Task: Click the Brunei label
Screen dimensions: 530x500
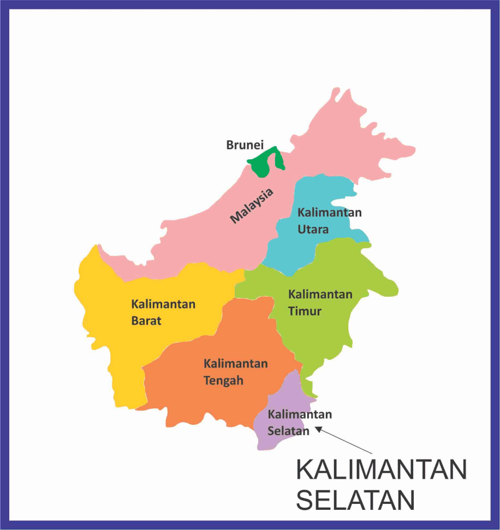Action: click(x=245, y=146)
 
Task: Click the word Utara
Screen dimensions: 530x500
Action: click(x=313, y=229)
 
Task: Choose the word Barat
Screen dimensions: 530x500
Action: click(x=146, y=321)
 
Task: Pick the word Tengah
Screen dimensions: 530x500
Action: click(x=223, y=381)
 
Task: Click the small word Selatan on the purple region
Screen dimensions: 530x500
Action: click(x=289, y=431)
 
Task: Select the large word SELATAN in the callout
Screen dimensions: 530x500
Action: click(x=356, y=501)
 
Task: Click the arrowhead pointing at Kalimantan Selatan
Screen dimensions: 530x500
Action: click(x=318, y=429)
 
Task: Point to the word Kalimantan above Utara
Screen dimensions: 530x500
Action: click(x=330, y=212)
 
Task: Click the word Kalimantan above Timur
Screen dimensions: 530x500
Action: click(x=320, y=294)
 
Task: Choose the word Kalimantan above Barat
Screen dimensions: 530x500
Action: click(x=163, y=304)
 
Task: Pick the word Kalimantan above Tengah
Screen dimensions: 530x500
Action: click(x=236, y=363)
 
